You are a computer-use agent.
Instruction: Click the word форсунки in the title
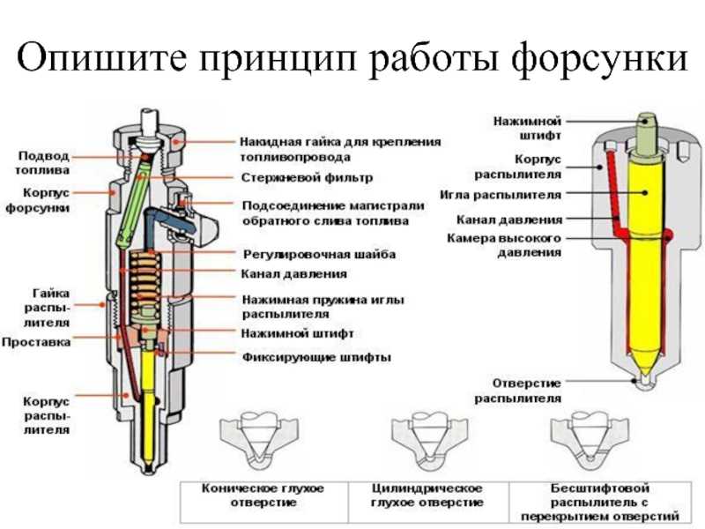599,57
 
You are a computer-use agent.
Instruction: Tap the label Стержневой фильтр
307,178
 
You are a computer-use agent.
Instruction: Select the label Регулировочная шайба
319,255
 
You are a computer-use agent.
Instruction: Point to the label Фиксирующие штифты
316,358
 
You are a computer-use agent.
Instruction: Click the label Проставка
36,342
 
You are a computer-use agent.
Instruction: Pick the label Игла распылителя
501,195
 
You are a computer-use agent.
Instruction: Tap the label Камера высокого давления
504,245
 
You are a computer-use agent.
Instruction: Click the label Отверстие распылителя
518,391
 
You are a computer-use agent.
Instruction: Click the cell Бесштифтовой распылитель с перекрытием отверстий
600,502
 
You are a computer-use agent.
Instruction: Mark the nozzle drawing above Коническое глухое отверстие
259,443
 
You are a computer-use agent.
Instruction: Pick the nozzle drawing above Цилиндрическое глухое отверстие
429,443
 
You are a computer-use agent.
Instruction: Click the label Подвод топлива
42,163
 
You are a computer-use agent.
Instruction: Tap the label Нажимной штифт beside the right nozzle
528,128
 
